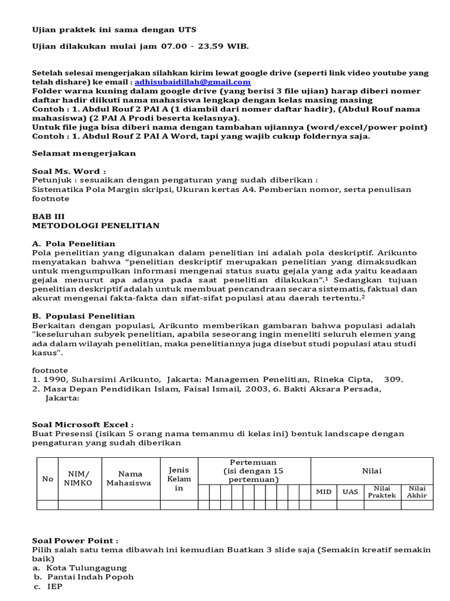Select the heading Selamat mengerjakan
point(83,153)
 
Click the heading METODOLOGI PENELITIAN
point(95,225)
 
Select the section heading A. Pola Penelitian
point(73,244)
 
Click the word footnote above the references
point(50,370)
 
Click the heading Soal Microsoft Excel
point(83,424)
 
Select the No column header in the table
point(47,479)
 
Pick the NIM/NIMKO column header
point(80,479)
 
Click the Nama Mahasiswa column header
point(128,479)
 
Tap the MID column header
point(323,492)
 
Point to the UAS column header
point(350,492)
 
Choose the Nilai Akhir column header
point(417,492)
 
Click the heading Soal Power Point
point(74,541)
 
